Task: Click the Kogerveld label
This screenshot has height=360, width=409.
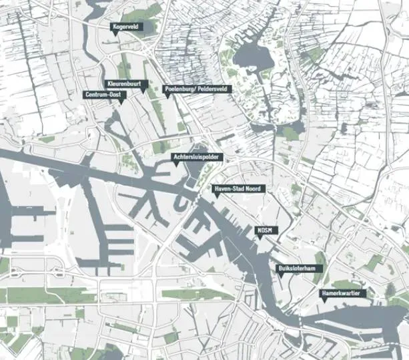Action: point(126,26)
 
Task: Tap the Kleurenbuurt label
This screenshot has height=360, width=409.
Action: point(125,84)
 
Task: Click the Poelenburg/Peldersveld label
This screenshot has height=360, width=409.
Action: point(197,88)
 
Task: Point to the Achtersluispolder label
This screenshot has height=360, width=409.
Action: point(196,157)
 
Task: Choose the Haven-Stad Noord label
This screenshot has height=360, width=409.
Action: point(239,190)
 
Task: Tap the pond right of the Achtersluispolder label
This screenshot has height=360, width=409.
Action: point(199,172)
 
